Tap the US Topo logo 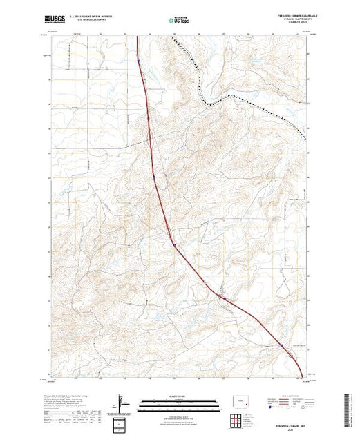click(x=180, y=21)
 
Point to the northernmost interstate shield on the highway click(x=138, y=61)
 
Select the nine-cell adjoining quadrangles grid click(x=237, y=420)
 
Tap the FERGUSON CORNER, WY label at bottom click(x=285, y=425)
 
